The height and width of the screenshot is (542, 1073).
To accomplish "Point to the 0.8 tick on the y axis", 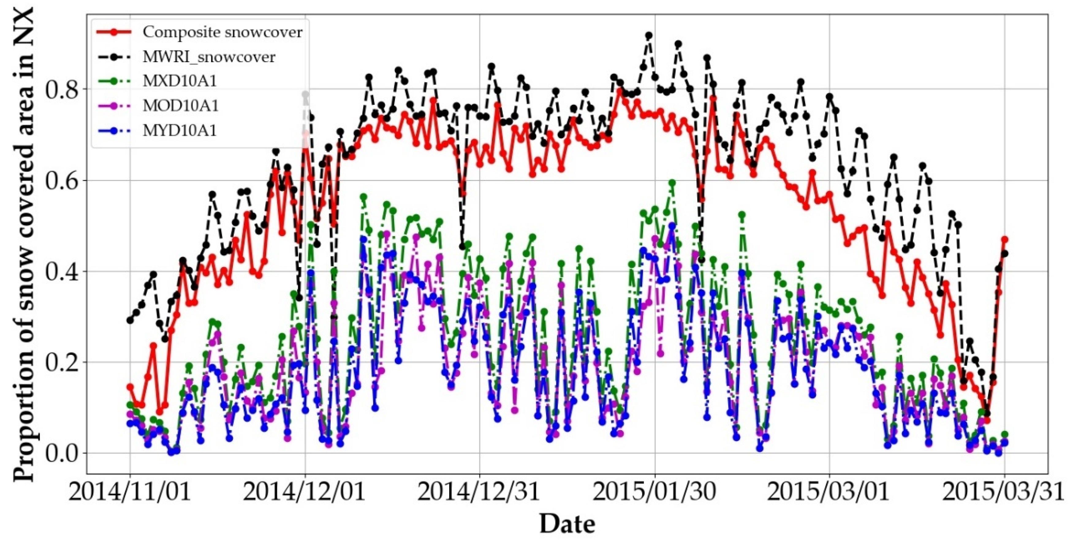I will (62, 90).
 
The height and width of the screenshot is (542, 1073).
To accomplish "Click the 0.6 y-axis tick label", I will (62, 181).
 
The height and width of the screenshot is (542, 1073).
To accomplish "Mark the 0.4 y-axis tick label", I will (62, 272).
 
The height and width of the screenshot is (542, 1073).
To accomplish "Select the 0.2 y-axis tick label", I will (62, 362).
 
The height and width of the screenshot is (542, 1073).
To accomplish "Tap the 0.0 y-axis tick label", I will (62, 453).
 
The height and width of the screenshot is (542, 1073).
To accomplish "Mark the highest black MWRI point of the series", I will (649, 36).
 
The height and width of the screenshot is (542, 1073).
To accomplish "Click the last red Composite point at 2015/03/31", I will (1004, 239).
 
